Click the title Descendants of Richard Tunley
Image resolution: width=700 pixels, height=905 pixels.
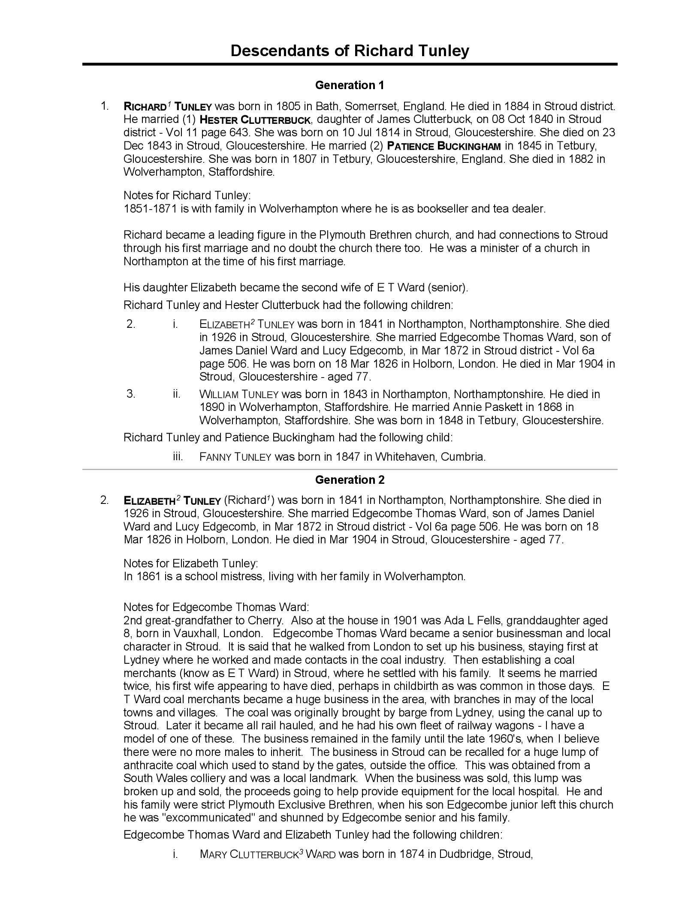pos(350,51)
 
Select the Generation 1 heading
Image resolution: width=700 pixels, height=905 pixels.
pos(350,85)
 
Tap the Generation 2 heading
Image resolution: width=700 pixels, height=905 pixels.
pos(350,480)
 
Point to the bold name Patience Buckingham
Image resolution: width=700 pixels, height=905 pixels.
pos(444,146)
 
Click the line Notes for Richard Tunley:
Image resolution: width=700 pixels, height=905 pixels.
pos(187,196)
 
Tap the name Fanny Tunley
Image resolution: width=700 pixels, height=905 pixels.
pos(235,457)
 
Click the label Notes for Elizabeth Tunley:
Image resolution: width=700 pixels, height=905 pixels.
pos(191,563)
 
